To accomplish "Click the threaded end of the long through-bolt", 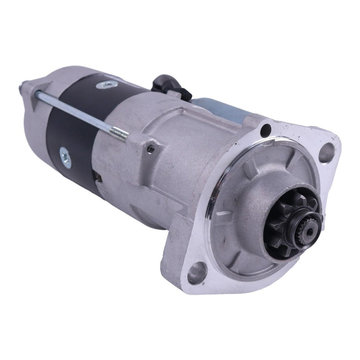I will pos(119,133).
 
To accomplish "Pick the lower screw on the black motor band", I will pos(64,153).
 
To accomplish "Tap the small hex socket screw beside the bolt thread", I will pos(150,149).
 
